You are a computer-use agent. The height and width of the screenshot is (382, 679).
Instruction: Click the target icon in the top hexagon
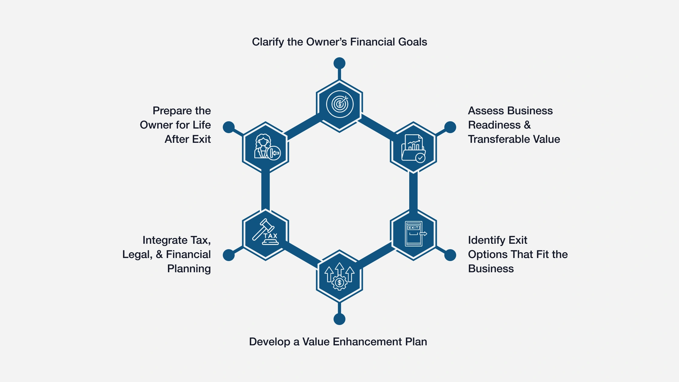pyautogui.click(x=339, y=104)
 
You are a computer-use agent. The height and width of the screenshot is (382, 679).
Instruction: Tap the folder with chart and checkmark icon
pyautogui.click(x=413, y=148)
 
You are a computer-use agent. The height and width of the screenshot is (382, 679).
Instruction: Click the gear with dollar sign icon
pyautogui.click(x=339, y=276)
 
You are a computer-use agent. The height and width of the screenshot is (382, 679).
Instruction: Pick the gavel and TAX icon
pyautogui.click(x=266, y=233)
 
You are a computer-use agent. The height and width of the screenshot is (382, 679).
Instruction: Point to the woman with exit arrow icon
pyautogui.click(x=266, y=147)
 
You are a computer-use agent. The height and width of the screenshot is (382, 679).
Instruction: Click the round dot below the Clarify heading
pyautogui.click(x=339, y=63)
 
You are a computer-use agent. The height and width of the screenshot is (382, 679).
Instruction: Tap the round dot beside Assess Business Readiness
pyautogui.click(x=450, y=127)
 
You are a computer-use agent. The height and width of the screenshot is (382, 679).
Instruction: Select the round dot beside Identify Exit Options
pyautogui.click(x=450, y=255)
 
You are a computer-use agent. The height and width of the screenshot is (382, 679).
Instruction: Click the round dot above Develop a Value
pyautogui.click(x=339, y=319)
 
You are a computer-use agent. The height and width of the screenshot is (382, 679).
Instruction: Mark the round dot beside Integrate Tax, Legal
pyautogui.click(x=229, y=255)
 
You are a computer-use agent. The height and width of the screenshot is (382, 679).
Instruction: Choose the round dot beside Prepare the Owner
pyautogui.click(x=229, y=127)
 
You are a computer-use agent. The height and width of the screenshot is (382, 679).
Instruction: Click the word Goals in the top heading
pyautogui.click(x=412, y=42)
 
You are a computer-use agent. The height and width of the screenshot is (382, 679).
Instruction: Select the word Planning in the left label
pyautogui.click(x=189, y=269)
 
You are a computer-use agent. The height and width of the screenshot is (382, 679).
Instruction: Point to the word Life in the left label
pyautogui.click(x=202, y=125)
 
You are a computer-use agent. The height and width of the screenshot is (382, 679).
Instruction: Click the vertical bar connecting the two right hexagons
pyautogui.click(x=413, y=191)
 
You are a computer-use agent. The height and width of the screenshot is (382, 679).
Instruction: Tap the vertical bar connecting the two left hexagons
pyautogui.click(x=266, y=191)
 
